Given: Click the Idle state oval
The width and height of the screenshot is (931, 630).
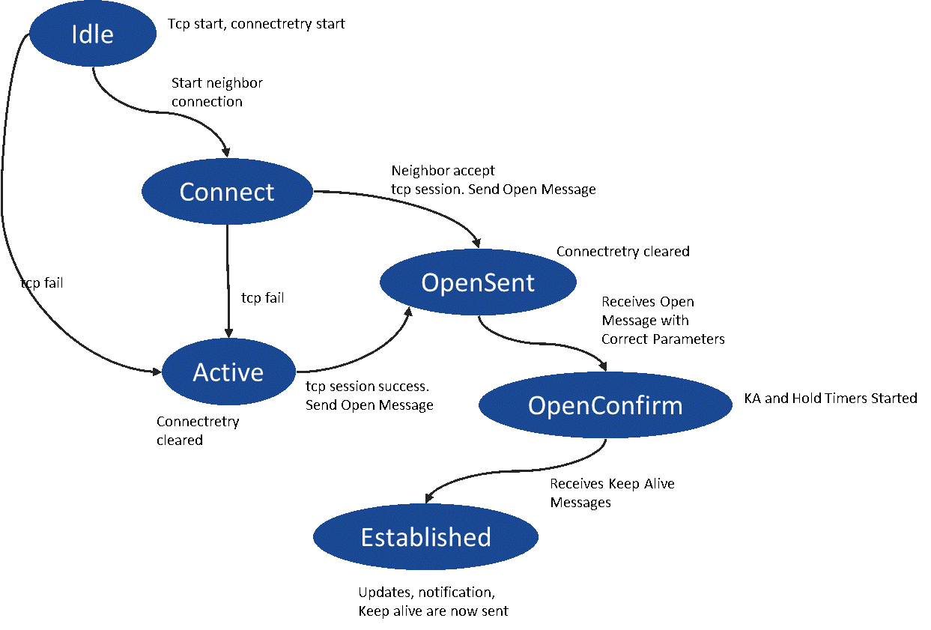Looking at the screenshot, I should coord(92,34).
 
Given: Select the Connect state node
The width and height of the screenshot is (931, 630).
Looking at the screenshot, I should coord(227,192).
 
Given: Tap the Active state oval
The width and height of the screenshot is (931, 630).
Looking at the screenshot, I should coord(228,372).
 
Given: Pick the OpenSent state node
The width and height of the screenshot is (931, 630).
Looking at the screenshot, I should coord(478,282).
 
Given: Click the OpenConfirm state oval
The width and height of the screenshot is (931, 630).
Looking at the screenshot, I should coord(605,405).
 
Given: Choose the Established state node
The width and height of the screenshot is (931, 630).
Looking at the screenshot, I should coord(425,537).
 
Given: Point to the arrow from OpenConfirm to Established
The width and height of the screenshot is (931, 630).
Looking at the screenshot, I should coord(524,475).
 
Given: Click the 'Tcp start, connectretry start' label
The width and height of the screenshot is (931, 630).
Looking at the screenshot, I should coord(257,24).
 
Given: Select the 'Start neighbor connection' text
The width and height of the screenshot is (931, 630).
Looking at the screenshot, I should coord(216,92).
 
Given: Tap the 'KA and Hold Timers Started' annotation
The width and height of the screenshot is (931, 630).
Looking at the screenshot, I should coord(830,399).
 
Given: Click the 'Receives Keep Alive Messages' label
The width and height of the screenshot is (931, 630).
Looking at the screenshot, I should coord(612,493).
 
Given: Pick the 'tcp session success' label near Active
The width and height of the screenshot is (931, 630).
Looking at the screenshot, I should coord(368,387).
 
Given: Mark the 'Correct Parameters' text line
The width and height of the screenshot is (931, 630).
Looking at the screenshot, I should coord(663,339).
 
